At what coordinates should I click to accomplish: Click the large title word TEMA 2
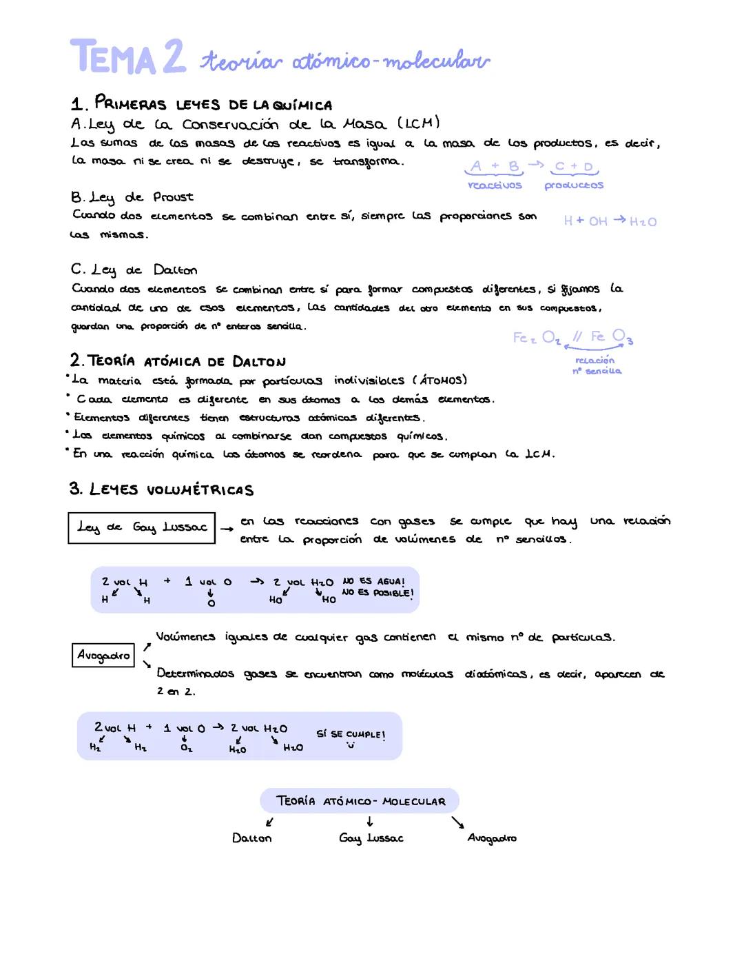(x=127, y=57)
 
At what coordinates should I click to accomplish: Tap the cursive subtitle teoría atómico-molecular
(x=344, y=62)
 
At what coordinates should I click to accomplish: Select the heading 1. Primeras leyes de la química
(x=201, y=104)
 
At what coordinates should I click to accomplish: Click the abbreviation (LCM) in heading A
(x=418, y=123)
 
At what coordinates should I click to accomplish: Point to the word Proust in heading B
(x=173, y=197)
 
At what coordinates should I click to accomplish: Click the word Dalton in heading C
(x=175, y=270)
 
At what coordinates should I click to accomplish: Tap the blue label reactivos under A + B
(x=495, y=185)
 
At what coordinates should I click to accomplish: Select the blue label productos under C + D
(x=574, y=185)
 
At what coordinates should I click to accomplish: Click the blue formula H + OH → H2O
(x=610, y=221)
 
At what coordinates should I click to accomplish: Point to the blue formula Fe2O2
(x=537, y=338)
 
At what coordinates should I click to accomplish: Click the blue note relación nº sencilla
(x=596, y=365)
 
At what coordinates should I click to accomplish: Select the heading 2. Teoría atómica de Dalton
(x=178, y=361)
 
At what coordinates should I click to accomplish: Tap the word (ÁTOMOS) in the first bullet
(x=440, y=380)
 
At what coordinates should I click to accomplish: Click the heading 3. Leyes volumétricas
(x=161, y=489)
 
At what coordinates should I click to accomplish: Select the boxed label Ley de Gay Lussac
(x=142, y=527)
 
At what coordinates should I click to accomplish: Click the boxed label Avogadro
(x=103, y=655)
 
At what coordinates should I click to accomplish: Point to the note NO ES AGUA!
(x=373, y=581)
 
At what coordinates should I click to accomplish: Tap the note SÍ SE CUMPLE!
(x=351, y=734)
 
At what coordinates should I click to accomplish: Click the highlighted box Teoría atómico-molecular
(x=360, y=801)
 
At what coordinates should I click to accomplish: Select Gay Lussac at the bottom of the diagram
(x=371, y=838)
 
